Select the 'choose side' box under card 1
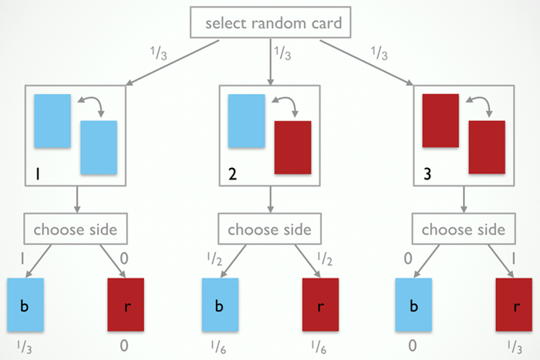pyautogui.click(x=75, y=229)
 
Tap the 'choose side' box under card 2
pyautogui.click(x=270, y=229)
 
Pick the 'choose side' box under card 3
pyautogui.click(x=464, y=229)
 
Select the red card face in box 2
pyautogui.click(x=292, y=146)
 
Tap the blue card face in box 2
pyautogui.click(x=246, y=119)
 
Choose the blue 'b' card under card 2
pyautogui.click(x=218, y=303)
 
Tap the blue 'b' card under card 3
pyautogui.click(x=413, y=303)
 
